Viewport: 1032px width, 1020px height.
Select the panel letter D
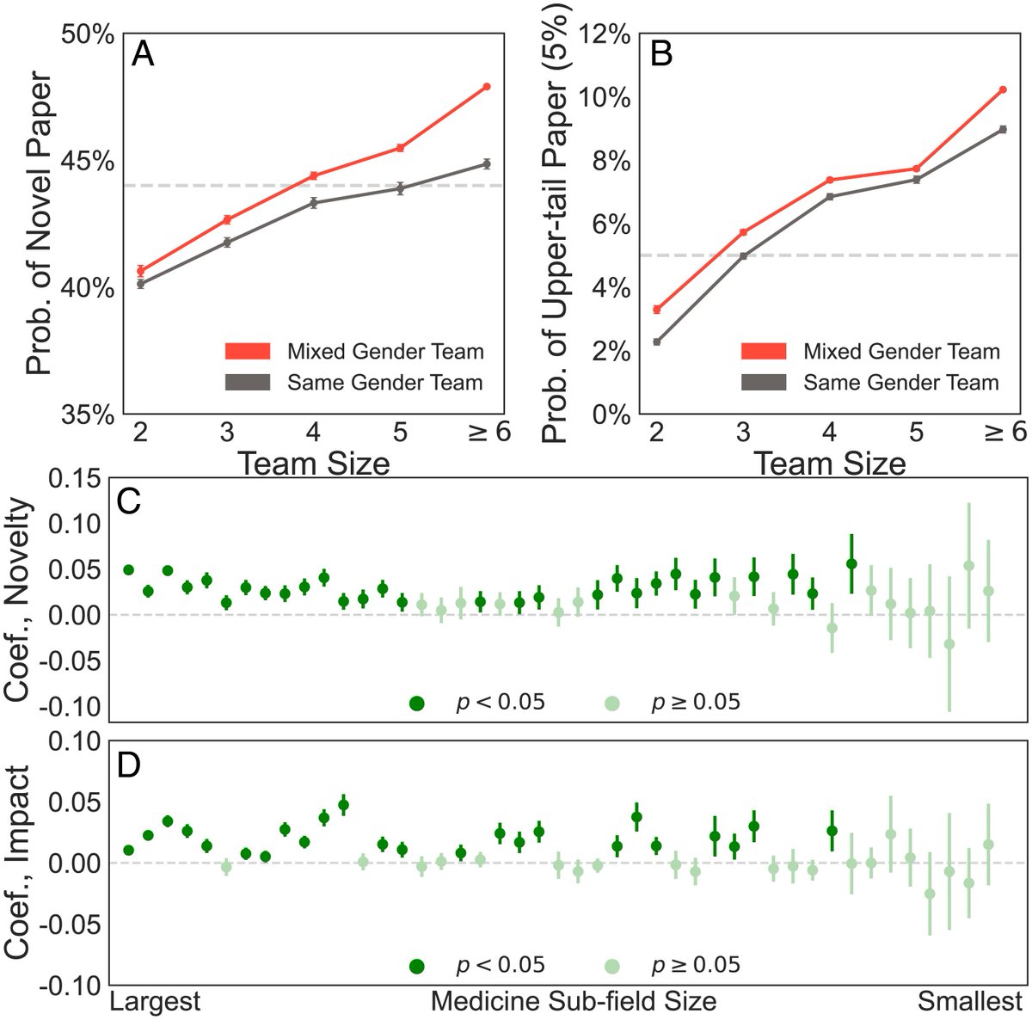(x=129, y=765)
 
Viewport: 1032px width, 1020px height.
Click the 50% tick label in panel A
(x=86, y=35)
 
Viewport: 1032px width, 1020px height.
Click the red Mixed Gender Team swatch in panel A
(x=248, y=351)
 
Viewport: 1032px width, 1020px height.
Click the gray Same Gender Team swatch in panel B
(x=764, y=382)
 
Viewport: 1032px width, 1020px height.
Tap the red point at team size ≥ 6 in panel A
(x=487, y=87)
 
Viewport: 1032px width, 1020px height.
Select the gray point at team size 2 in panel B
(x=657, y=341)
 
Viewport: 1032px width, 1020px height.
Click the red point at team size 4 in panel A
(x=313, y=175)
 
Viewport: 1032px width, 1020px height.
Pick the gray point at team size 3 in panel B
(x=743, y=255)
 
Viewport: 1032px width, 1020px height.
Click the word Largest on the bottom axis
(x=156, y=1002)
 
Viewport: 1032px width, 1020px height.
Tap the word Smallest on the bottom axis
(x=969, y=1002)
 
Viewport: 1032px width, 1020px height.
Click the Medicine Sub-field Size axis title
(x=573, y=1002)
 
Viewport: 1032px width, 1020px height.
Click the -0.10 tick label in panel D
(x=75, y=986)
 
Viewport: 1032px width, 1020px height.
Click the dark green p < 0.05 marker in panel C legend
(x=418, y=703)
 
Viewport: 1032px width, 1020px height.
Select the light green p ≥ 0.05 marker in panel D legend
(x=613, y=965)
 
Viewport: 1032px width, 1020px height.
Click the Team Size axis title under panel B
(x=830, y=464)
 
